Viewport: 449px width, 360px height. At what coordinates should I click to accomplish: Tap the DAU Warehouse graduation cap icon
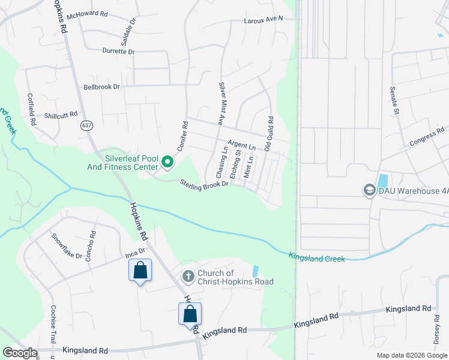tap(369, 191)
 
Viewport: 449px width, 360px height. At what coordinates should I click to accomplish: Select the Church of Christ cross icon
tap(188, 277)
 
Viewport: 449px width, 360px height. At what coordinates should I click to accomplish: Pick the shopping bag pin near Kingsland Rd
tap(190, 314)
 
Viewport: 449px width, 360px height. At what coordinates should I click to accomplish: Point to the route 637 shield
tap(88, 126)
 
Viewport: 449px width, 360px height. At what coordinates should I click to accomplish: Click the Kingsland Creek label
tap(317, 258)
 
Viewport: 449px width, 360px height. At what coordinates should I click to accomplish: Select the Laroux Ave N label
tap(263, 20)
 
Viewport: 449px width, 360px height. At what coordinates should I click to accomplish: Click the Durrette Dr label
tap(118, 52)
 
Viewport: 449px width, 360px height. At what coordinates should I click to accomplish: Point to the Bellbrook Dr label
tap(101, 87)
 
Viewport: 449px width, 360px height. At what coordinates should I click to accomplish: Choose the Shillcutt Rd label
tap(61, 115)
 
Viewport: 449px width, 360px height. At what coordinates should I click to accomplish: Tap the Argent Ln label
tap(241, 146)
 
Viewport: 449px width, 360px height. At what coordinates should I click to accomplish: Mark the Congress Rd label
tap(426, 136)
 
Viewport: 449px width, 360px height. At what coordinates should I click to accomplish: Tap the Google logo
tap(20, 353)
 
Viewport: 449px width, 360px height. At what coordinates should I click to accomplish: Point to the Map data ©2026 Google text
tap(411, 355)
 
